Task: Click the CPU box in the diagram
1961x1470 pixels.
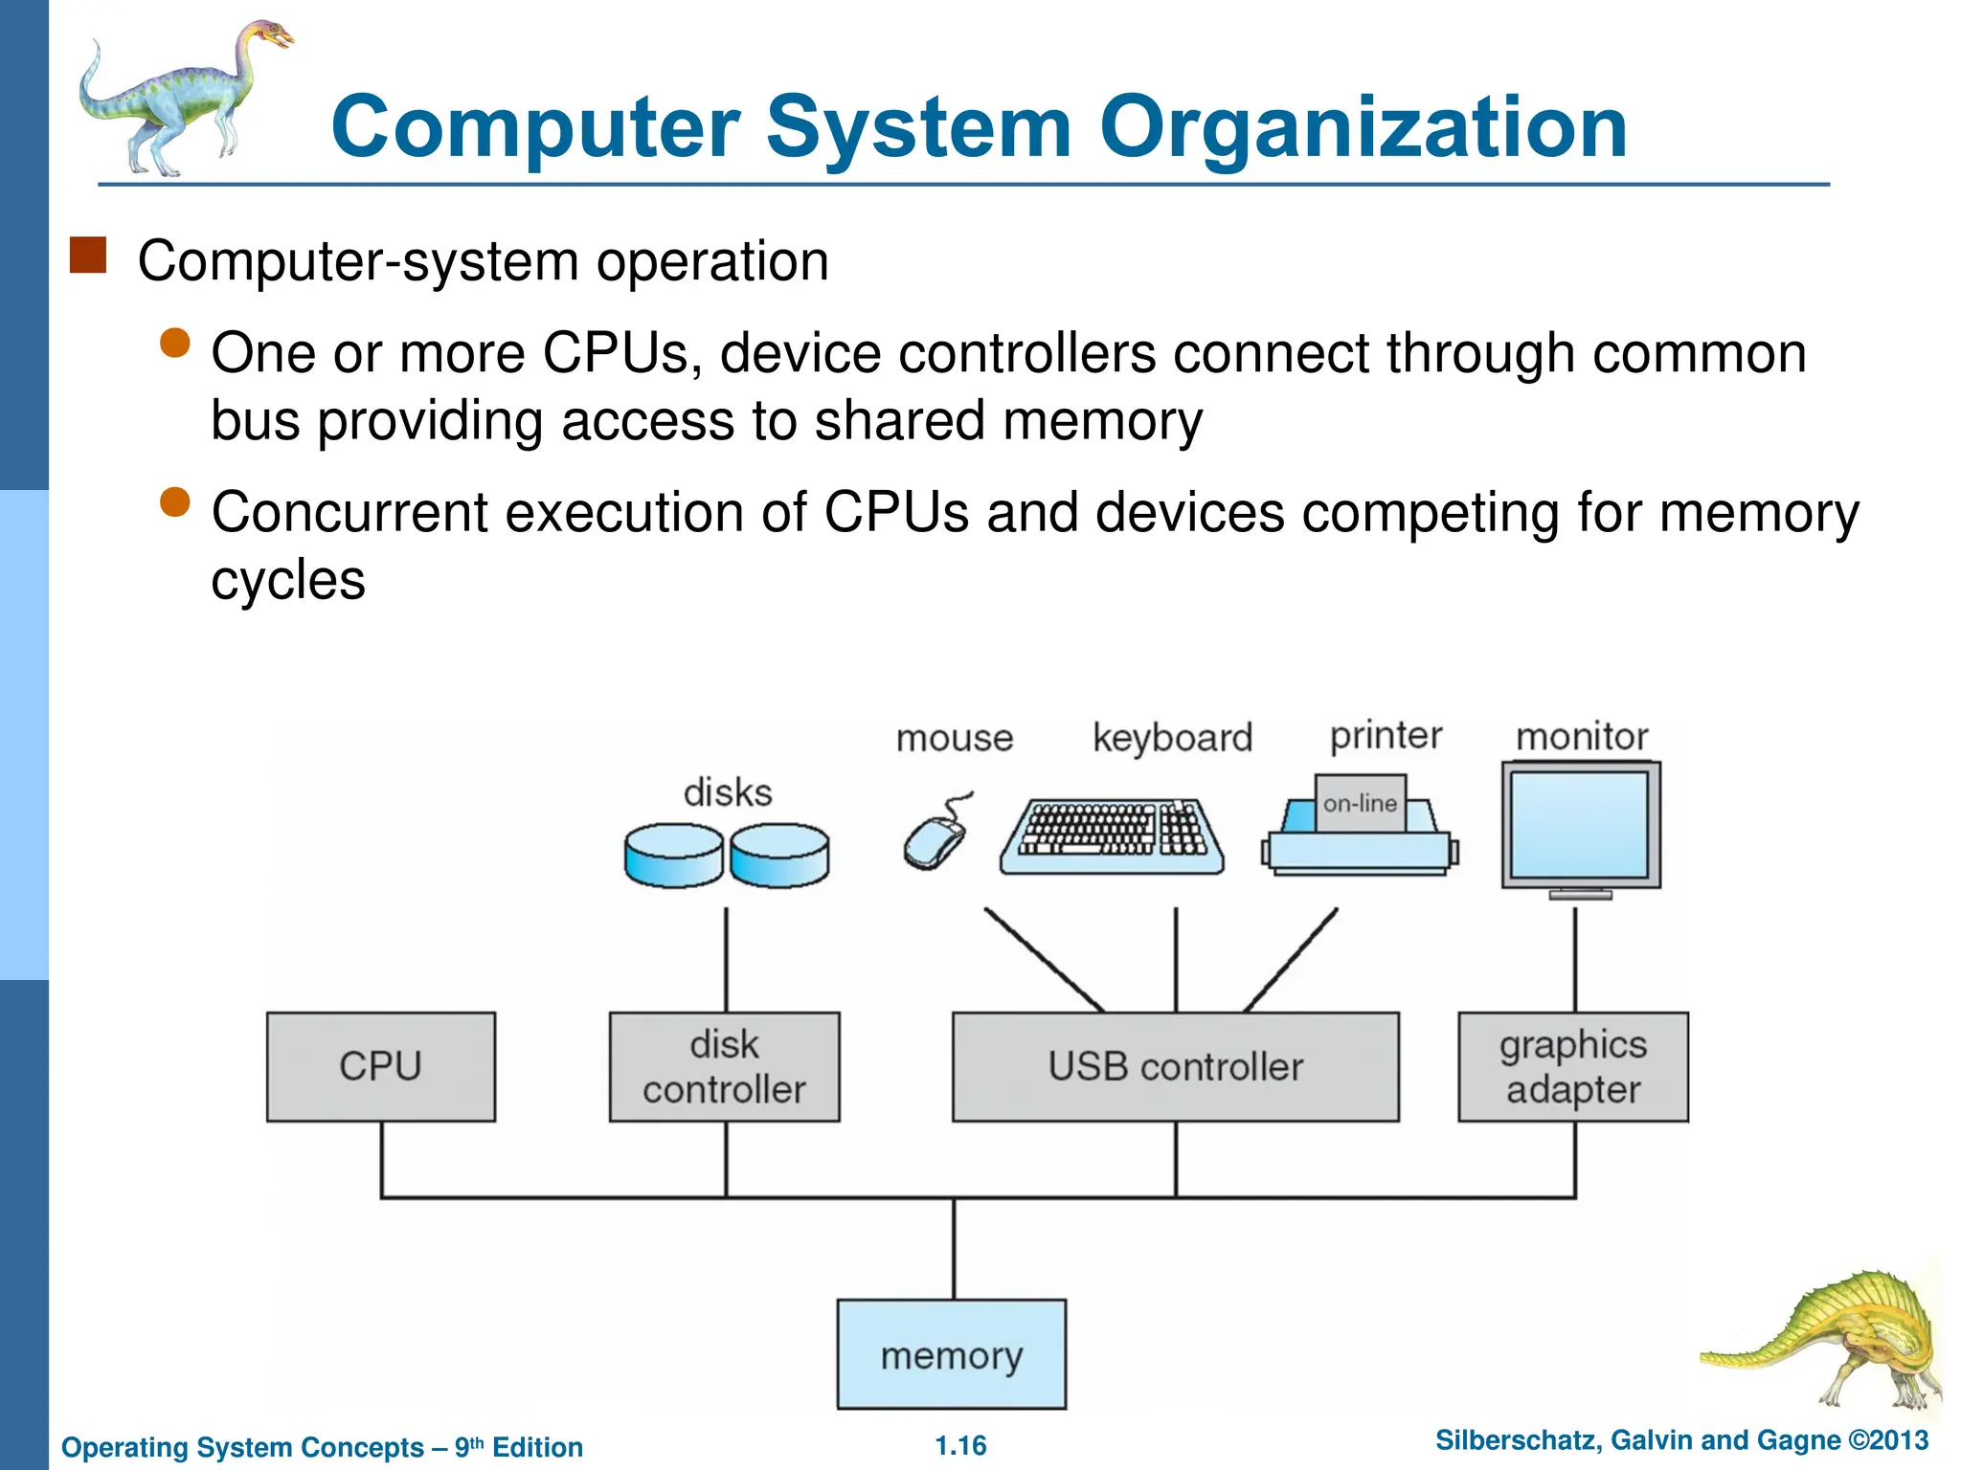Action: click(381, 1066)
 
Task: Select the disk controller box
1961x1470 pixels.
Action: click(725, 1066)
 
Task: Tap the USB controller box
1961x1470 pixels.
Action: click(1175, 1066)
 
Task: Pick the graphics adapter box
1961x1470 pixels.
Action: click(1573, 1066)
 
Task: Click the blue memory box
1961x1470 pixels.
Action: click(952, 1354)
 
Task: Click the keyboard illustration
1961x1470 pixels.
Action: click(1112, 835)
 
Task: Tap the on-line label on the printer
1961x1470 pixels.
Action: click(1360, 804)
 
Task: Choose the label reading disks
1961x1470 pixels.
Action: click(728, 792)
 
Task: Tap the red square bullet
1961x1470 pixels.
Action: click(88, 256)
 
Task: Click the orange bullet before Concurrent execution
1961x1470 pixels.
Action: click(175, 501)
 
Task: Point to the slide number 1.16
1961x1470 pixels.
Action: click(960, 1445)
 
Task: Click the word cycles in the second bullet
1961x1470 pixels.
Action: click(288, 580)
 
